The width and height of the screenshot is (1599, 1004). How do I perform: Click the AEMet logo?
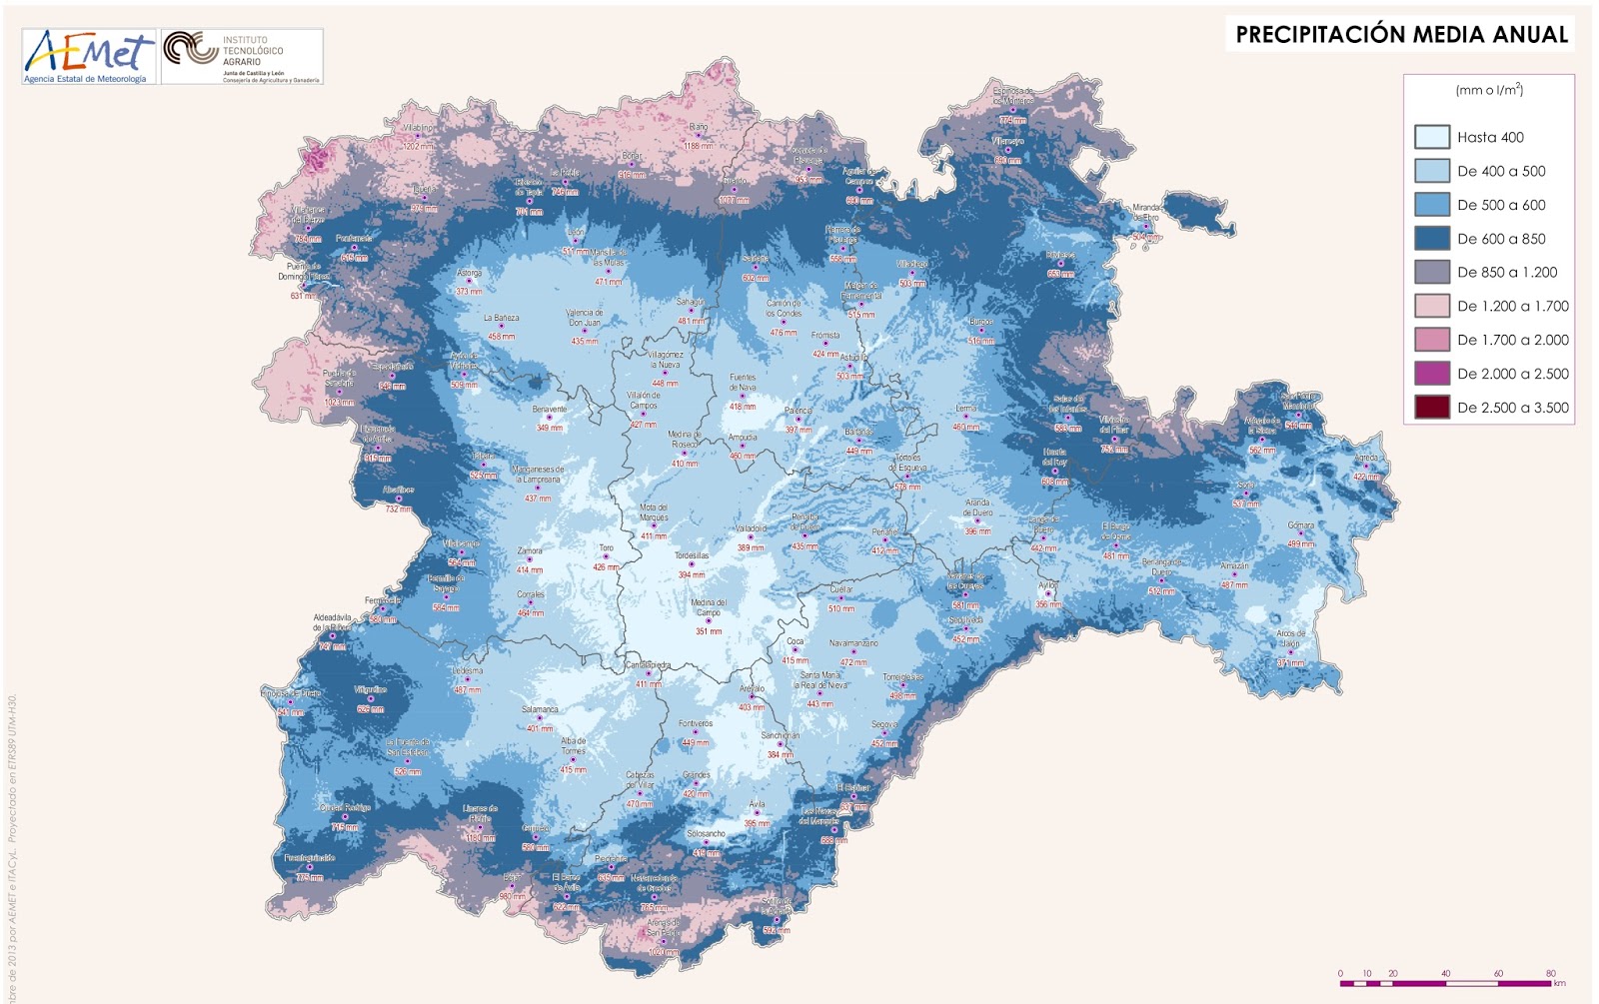coord(88,56)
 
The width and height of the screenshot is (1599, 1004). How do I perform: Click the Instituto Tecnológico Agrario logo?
coord(242,56)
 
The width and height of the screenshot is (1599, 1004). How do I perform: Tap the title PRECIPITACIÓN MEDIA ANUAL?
coord(1401,35)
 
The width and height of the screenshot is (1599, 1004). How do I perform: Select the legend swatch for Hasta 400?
coord(1431,137)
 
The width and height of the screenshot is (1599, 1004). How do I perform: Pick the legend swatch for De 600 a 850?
coord(1431,239)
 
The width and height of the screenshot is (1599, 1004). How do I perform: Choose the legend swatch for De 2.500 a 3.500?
coord(1431,408)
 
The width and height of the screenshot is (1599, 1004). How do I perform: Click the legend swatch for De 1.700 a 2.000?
coord(1431,340)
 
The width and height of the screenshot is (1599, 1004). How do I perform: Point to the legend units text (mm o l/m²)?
coord(1489,90)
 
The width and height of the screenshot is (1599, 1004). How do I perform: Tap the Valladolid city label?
coord(751,528)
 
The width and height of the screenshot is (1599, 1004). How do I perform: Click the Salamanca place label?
coord(540,709)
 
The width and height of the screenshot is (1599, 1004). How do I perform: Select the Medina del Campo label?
coord(709,607)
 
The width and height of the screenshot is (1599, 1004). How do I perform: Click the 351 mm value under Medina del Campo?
coord(709,631)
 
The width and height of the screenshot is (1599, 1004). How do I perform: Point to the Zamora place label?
coord(530,550)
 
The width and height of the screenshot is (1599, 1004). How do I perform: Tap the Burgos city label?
coord(981,322)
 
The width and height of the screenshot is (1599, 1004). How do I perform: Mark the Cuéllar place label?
coord(841,589)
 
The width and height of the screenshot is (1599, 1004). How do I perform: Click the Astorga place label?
coord(469,273)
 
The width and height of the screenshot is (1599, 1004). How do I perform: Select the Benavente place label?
coord(550,409)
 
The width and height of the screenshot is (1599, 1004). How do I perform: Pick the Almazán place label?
coord(1234,565)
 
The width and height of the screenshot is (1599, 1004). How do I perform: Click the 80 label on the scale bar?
coord(1551,973)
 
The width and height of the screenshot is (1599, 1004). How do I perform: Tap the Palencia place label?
coord(799,411)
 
